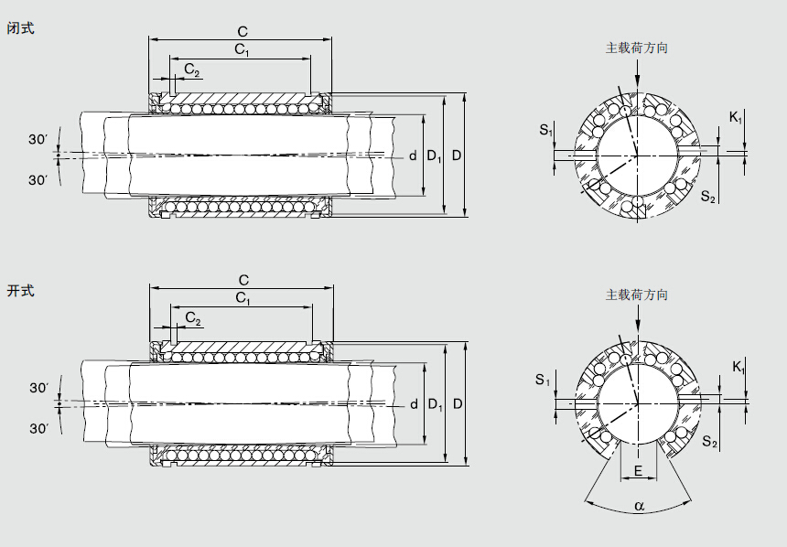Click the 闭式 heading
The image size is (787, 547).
click(20, 28)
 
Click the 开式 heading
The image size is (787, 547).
click(20, 291)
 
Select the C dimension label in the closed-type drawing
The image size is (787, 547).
click(242, 31)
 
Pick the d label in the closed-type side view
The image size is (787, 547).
click(413, 156)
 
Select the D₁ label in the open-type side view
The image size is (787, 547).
click(435, 404)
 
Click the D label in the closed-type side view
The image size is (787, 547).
click(456, 156)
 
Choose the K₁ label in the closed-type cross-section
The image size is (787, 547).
click(737, 117)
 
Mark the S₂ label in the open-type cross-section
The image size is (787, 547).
click(709, 443)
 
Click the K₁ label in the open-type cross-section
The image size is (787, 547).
click(738, 367)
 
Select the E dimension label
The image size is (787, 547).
click(638, 472)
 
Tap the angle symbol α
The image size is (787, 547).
click(639, 505)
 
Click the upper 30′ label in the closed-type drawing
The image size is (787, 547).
click(38, 139)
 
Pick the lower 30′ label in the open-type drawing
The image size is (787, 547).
click(38, 428)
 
